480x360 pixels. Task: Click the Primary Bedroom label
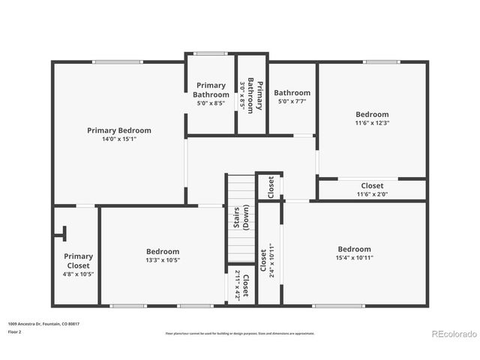(118, 130)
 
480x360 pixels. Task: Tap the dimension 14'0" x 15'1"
(118, 139)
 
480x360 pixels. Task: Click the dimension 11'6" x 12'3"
(372, 123)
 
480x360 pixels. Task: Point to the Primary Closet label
(78, 261)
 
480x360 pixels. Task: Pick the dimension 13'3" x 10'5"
(163, 260)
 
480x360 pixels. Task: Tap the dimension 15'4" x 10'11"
(354, 258)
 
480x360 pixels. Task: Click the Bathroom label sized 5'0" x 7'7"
(292, 93)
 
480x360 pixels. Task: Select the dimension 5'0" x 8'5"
(211, 103)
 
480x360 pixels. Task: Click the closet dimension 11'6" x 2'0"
(372, 194)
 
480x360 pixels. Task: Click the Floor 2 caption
(14, 331)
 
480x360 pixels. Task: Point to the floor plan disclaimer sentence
(240, 334)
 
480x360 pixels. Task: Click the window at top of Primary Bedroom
(117, 61)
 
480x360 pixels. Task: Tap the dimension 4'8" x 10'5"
(78, 274)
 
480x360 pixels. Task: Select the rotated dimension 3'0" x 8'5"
(242, 94)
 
